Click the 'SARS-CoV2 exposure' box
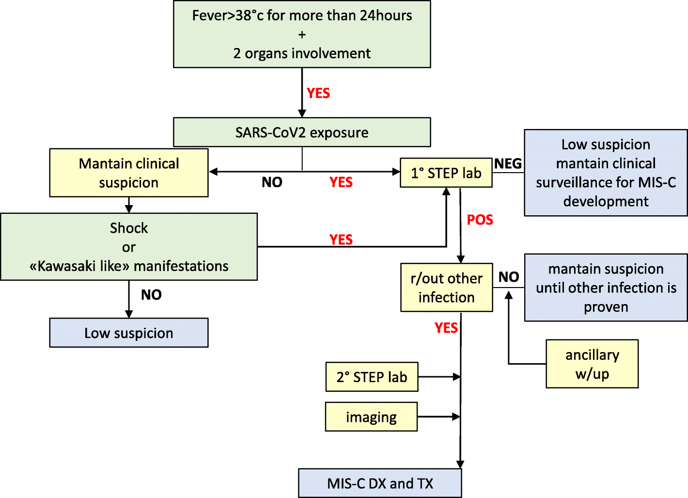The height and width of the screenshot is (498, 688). coord(302,132)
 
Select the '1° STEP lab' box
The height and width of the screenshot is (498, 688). coord(446,173)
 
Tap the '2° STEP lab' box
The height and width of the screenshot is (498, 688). coord(372,377)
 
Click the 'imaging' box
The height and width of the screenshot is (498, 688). coord(371,417)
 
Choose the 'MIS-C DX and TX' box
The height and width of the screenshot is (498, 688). coord(380,483)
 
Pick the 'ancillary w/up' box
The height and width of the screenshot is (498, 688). coord(592,364)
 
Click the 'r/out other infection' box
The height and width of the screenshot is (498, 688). coord(446,288)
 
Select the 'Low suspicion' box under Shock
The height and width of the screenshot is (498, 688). coord(129,333)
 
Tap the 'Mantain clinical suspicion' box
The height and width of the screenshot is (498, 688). coord(129,173)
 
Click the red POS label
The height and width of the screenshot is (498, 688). coord(480,220)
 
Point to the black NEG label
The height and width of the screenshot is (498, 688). coord(508,164)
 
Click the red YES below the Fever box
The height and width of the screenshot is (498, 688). coord(318,94)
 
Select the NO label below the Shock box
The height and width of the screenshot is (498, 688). coord(151,295)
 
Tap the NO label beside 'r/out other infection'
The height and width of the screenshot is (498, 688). coord(509,277)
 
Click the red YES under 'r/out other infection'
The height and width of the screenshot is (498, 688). coord(446,328)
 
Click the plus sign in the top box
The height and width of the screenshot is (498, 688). coord(302,35)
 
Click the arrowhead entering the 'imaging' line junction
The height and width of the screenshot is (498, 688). coord(456,417)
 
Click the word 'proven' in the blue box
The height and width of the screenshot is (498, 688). coord(606,307)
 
